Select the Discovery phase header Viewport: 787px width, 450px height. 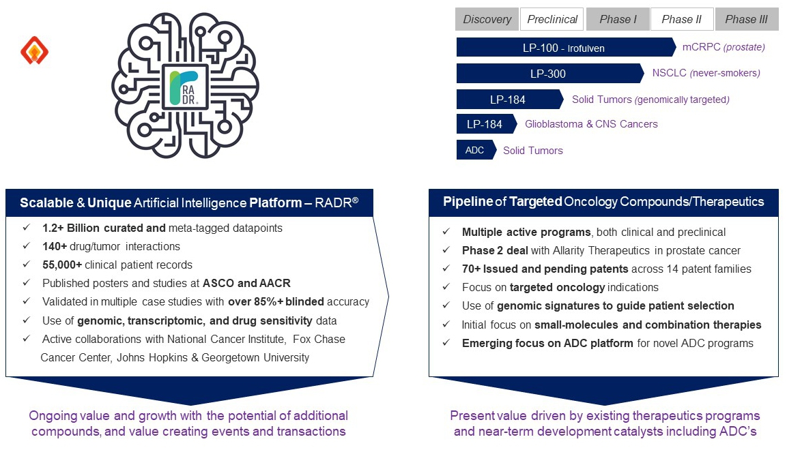tap(487, 19)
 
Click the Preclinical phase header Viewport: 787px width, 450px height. tap(552, 19)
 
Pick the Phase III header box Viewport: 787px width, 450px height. tap(746, 19)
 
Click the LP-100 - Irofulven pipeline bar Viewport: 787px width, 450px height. tap(564, 48)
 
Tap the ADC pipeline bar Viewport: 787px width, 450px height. tap(475, 150)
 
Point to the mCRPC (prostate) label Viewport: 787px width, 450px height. tap(724, 47)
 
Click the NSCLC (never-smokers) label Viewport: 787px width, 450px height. tap(706, 73)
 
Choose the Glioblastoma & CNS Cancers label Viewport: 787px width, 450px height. tap(591, 124)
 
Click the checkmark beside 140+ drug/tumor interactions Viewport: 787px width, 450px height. tap(26, 246)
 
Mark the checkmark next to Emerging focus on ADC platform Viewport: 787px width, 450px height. tap(446, 343)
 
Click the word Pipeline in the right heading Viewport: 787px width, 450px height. tap(468, 202)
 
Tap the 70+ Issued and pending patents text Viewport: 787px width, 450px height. tap(546, 269)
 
